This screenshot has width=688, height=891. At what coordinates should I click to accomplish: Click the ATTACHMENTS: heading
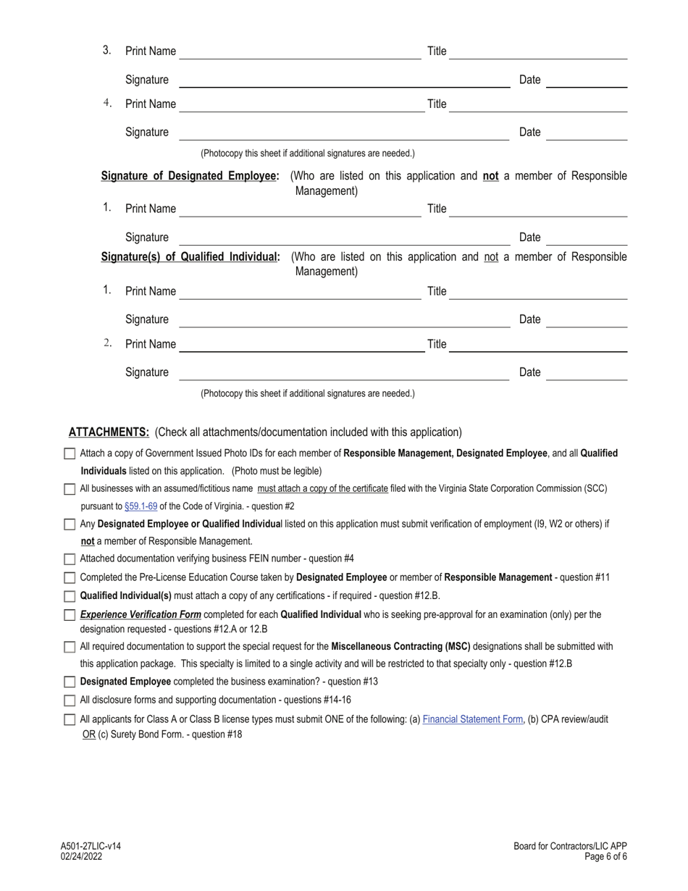tap(109, 432)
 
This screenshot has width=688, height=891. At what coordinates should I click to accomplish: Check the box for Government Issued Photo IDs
tap(70, 453)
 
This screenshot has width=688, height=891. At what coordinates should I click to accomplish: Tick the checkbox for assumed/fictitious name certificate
tap(70, 489)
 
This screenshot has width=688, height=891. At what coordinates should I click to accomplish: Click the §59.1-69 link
tap(140, 506)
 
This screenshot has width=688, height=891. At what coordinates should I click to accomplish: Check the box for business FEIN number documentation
tap(70, 559)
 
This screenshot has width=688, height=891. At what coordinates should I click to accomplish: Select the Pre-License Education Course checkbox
tap(70, 578)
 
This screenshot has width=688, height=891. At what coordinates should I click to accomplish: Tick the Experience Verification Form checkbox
tap(70, 615)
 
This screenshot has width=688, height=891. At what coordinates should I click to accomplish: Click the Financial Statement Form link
tap(472, 719)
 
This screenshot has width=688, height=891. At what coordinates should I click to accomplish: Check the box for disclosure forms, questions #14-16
tap(70, 700)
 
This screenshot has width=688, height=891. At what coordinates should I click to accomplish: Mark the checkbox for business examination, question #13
tap(70, 682)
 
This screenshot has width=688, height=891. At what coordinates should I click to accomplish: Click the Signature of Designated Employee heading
tap(190, 176)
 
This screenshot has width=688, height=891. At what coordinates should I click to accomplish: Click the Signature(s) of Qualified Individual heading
tap(190, 257)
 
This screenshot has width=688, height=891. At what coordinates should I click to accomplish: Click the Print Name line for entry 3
tap(300, 52)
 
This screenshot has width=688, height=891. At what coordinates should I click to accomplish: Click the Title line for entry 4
tap(538, 105)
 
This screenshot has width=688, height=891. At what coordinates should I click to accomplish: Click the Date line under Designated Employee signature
tap(586, 238)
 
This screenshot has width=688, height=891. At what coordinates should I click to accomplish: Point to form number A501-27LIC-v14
tap(91, 846)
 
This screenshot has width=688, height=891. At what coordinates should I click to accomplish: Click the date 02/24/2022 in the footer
tap(82, 856)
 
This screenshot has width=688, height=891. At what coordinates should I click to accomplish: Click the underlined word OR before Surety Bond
tap(88, 735)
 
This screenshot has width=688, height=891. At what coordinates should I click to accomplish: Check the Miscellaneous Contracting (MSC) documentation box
tap(70, 647)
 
